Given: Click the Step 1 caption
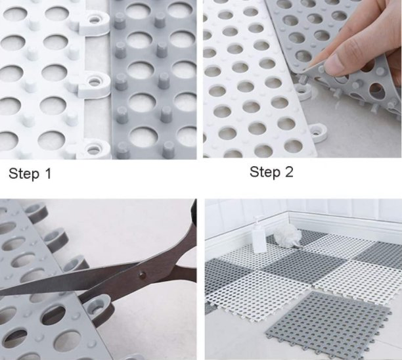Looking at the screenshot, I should (x=30, y=174).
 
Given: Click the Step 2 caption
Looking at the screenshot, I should (x=271, y=172).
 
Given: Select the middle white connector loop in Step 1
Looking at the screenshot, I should (x=96, y=81).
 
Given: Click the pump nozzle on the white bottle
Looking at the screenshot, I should (x=257, y=219).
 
